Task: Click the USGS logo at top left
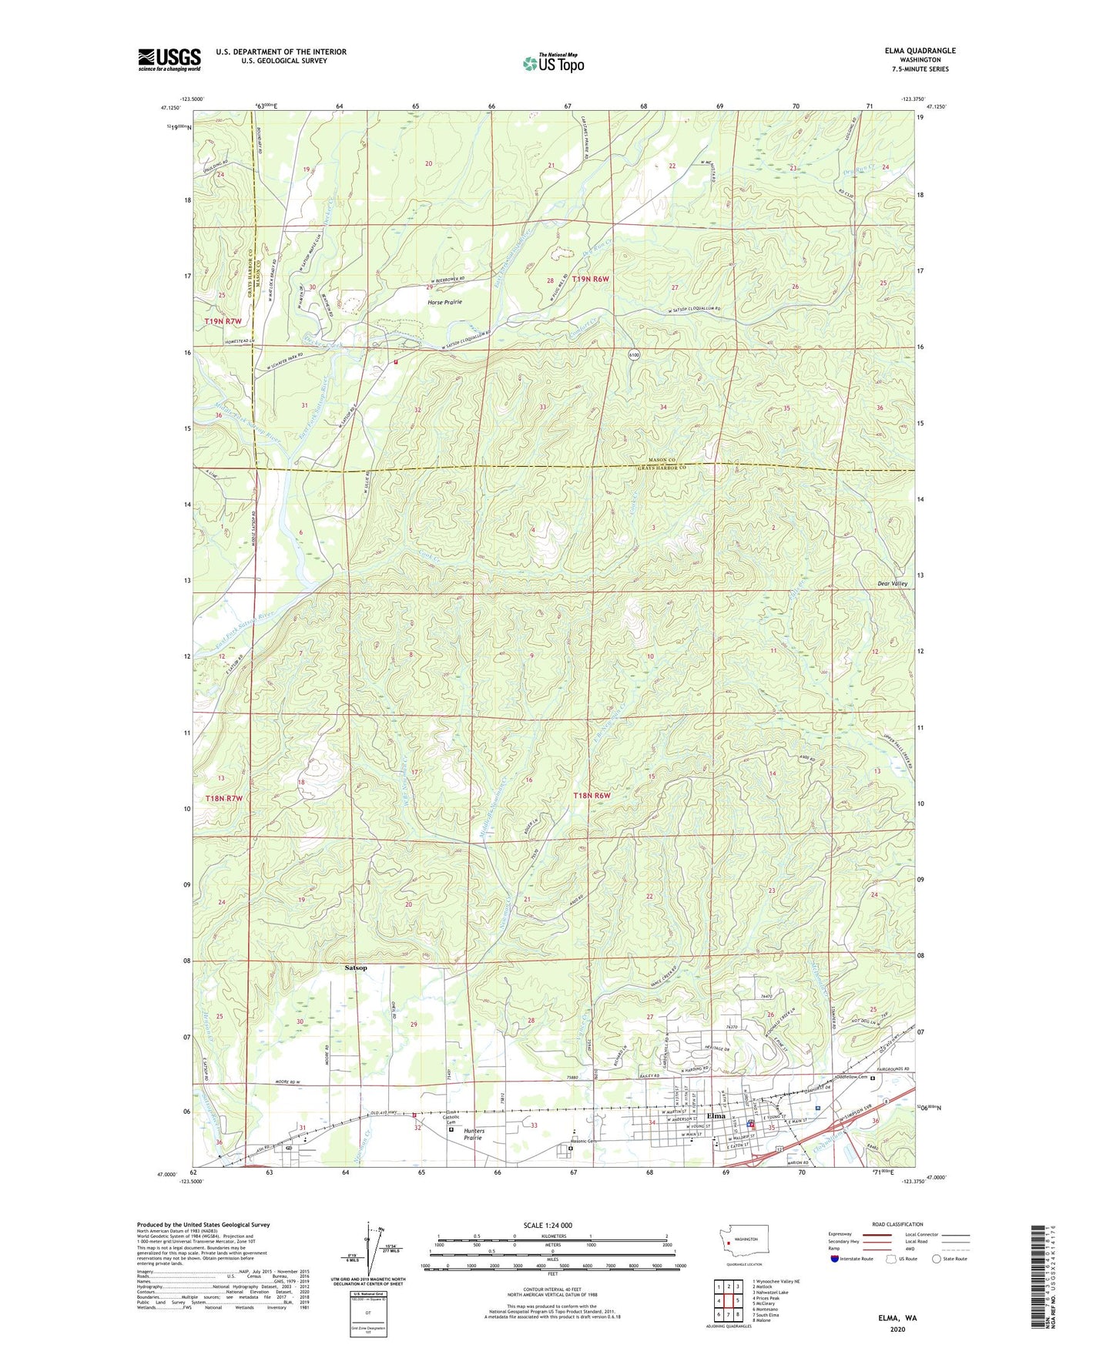click(x=169, y=59)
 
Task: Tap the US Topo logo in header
click(x=552, y=63)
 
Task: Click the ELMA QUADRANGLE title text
click(x=920, y=51)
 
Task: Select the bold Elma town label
click(x=716, y=1115)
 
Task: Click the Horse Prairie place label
click(x=444, y=302)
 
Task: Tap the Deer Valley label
click(x=893, y=584)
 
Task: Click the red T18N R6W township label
click(x=592, y=795)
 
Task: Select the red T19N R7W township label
click(x=223, y=321)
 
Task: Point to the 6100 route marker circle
click(x=633, y=355)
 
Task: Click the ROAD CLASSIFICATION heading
click(x=898, y=1224)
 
